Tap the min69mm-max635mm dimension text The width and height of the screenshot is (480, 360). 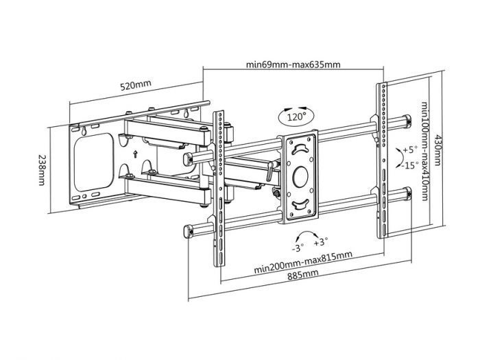(293, 66)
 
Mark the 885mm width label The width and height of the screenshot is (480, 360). (302, 273)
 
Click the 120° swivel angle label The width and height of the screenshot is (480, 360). (297, 117)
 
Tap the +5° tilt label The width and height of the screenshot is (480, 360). (410, 149)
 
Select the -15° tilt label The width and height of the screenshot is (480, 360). (410, 165)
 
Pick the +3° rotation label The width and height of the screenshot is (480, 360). (320, 241)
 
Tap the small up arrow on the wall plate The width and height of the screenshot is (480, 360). (136, 154)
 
